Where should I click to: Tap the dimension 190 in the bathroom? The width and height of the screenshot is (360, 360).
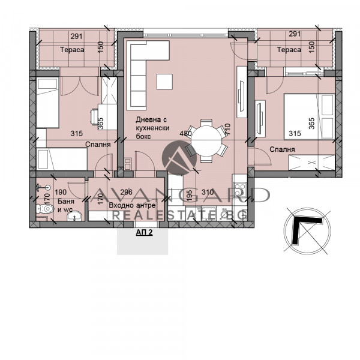[x=61, y=193]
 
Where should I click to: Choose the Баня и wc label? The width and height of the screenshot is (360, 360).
[x=66, y=206]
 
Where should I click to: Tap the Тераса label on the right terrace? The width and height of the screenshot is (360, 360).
[x=289, y=50]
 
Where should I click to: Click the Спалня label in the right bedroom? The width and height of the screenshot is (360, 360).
[x=282, y=149]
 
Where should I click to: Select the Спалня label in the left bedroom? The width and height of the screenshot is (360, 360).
[x=97, y=145]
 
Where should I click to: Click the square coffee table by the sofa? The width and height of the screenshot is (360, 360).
[x=164, y=80]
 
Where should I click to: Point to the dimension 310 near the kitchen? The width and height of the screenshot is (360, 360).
[x=207, y=192]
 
